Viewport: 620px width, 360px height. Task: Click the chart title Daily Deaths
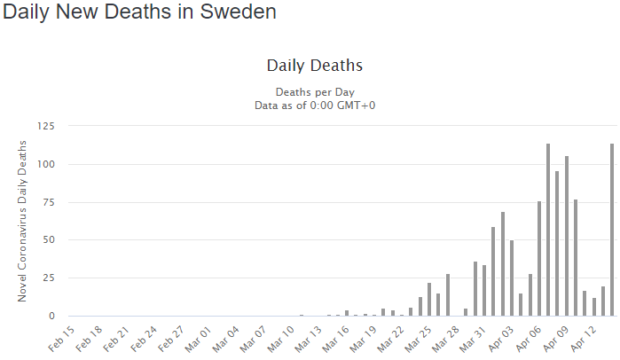tap(314, 66)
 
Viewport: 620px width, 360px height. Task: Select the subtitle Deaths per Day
tap(314, 91)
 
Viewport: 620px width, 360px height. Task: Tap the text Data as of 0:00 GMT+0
tap(314, 105)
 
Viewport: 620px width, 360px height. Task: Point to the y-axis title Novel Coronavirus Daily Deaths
tap(24, 220)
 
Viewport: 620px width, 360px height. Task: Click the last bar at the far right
tap(612, 230)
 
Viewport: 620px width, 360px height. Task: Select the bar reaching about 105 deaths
tap(567, 236)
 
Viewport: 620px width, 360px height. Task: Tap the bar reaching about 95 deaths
tap(557, 243)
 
